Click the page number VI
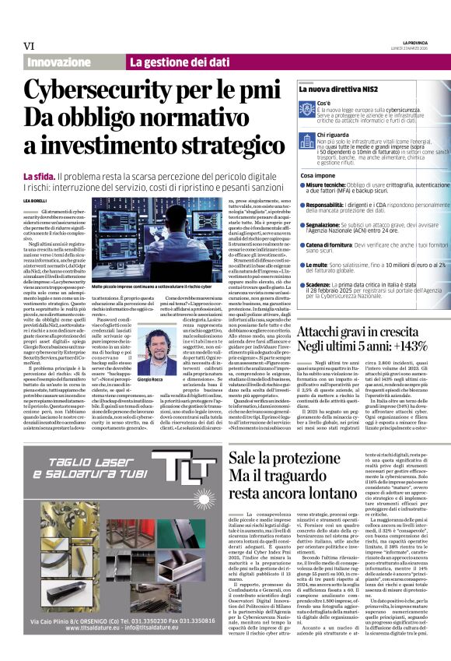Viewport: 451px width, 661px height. point(29,45)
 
